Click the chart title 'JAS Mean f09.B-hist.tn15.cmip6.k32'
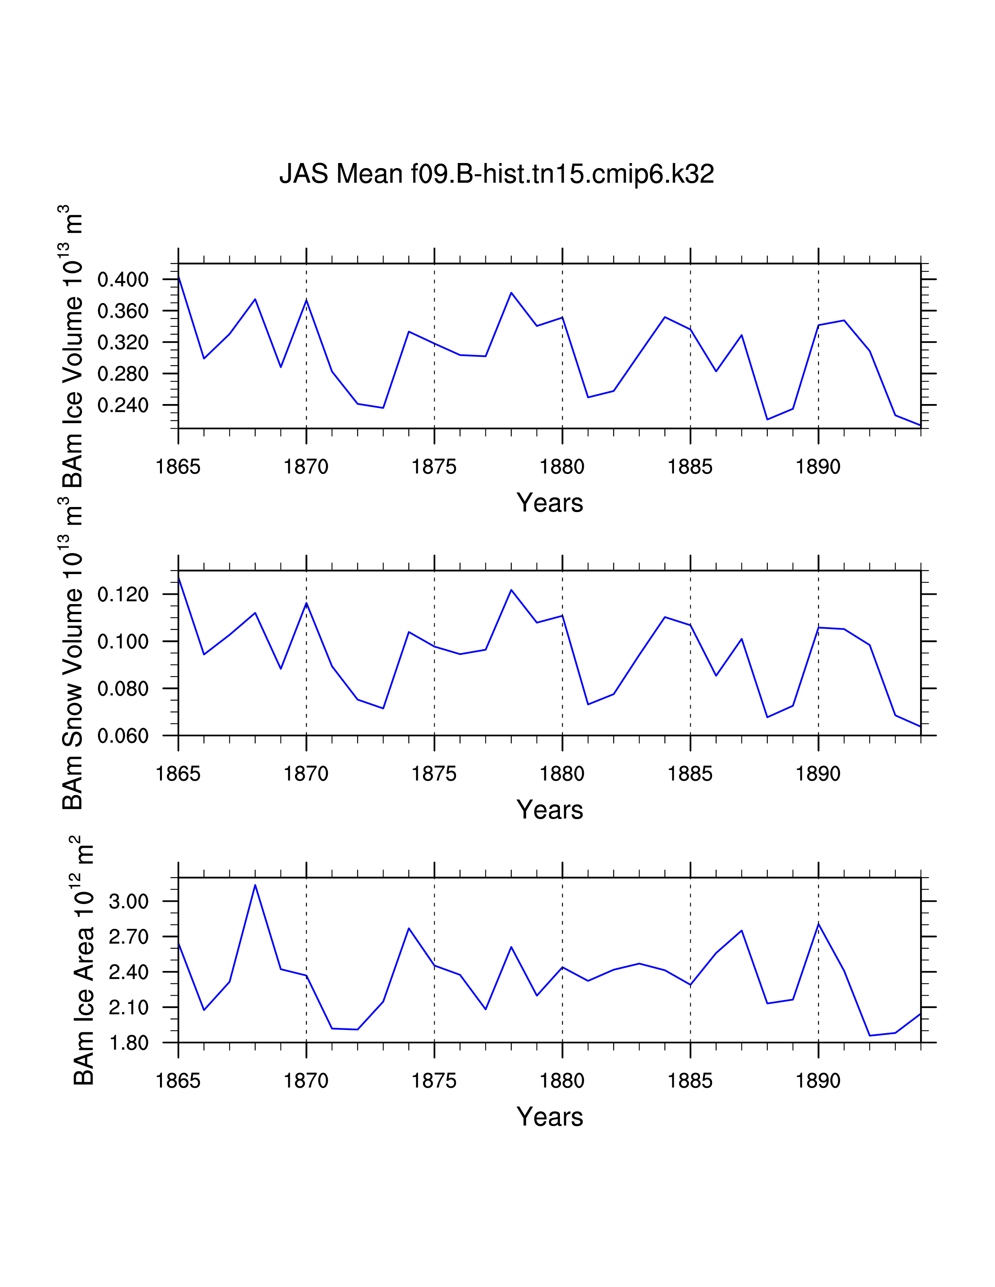(496, 174)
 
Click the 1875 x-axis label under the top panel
(434, 467)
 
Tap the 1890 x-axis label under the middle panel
(818, 774)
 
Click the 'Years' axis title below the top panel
(549, 503)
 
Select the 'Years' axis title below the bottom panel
(549, 1117)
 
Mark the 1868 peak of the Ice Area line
(255, 885)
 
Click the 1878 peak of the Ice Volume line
(511, 293)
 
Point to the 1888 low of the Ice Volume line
(767, 420)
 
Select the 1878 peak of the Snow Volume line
(511, 590)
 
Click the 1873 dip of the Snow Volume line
(383, 708)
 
